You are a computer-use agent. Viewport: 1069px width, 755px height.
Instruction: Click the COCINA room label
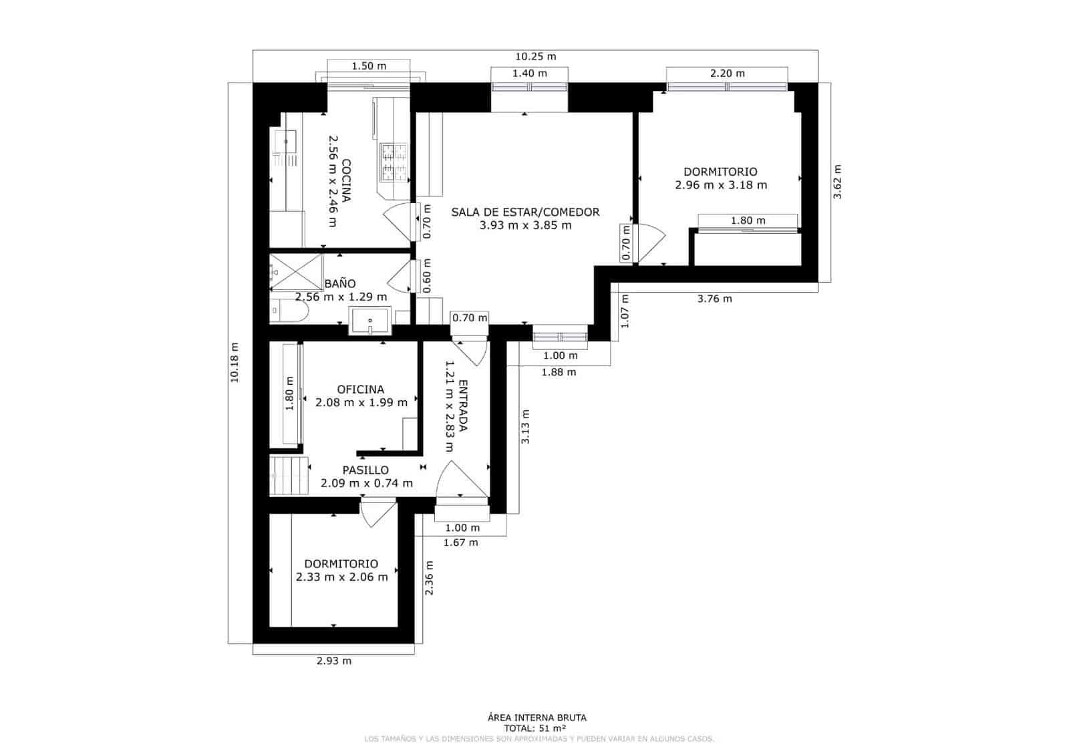tap(347, 181)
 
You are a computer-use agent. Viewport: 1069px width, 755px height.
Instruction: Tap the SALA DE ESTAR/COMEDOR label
tap(525, 212)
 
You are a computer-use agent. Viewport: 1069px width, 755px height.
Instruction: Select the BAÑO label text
tap(340, 284)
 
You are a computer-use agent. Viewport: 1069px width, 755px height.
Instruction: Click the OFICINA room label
tap(361, 390)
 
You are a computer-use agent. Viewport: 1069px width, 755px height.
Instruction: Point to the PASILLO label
tap(365, 470)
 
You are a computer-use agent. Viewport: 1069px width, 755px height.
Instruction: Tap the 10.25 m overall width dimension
tap(535, 57)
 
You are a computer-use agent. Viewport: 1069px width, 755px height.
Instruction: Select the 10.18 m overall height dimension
tap(235, 363)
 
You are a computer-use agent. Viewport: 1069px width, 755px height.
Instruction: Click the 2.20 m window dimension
tap(727, 73)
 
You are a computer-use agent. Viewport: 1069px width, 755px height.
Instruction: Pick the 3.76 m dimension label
tap(714, 299)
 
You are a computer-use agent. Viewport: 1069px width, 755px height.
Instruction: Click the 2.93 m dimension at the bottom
tap(333, 661)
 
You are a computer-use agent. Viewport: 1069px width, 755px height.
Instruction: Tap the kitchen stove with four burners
tap(394, 162)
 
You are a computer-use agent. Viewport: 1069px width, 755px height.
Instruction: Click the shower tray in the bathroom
tap(297, 272)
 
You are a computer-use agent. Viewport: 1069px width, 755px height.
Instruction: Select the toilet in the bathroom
tap(287, 312)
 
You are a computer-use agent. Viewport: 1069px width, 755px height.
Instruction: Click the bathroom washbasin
tap(369, 321)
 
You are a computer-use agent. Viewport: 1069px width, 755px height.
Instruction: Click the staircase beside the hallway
tap(289, 475)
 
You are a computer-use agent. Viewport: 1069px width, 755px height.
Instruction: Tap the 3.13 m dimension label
tap(525, 426)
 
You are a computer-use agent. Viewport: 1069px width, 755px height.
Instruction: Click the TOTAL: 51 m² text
tap(535, 728)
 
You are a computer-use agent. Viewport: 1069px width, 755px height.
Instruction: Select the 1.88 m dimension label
tap(559, 372)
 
